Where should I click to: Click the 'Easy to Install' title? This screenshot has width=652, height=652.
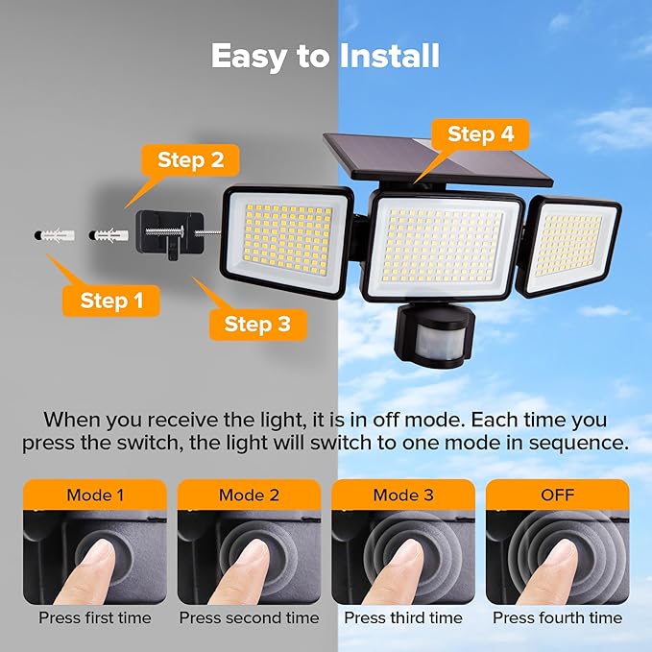(x=325, y=57)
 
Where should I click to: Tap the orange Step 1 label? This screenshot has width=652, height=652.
(x=111, y=301)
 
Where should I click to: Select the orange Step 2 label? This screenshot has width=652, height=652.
(x=190, y=160)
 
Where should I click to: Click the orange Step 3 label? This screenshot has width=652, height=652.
(x=256, y=324)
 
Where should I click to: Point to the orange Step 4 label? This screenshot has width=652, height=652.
(x=481, y=135)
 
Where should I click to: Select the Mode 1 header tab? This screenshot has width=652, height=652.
(x=95, y=495)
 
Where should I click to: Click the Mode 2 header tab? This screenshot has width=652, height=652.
(x=249, y=495)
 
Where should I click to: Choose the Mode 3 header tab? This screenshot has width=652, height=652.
(x=402, y=495)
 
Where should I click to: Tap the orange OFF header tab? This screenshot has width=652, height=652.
(x=557, y=495)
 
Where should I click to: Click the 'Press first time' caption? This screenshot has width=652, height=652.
(x=95, y=617)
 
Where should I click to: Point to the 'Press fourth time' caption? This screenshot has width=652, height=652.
(x=557, y=617)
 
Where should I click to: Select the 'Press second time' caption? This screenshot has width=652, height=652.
(x=249, y=617)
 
